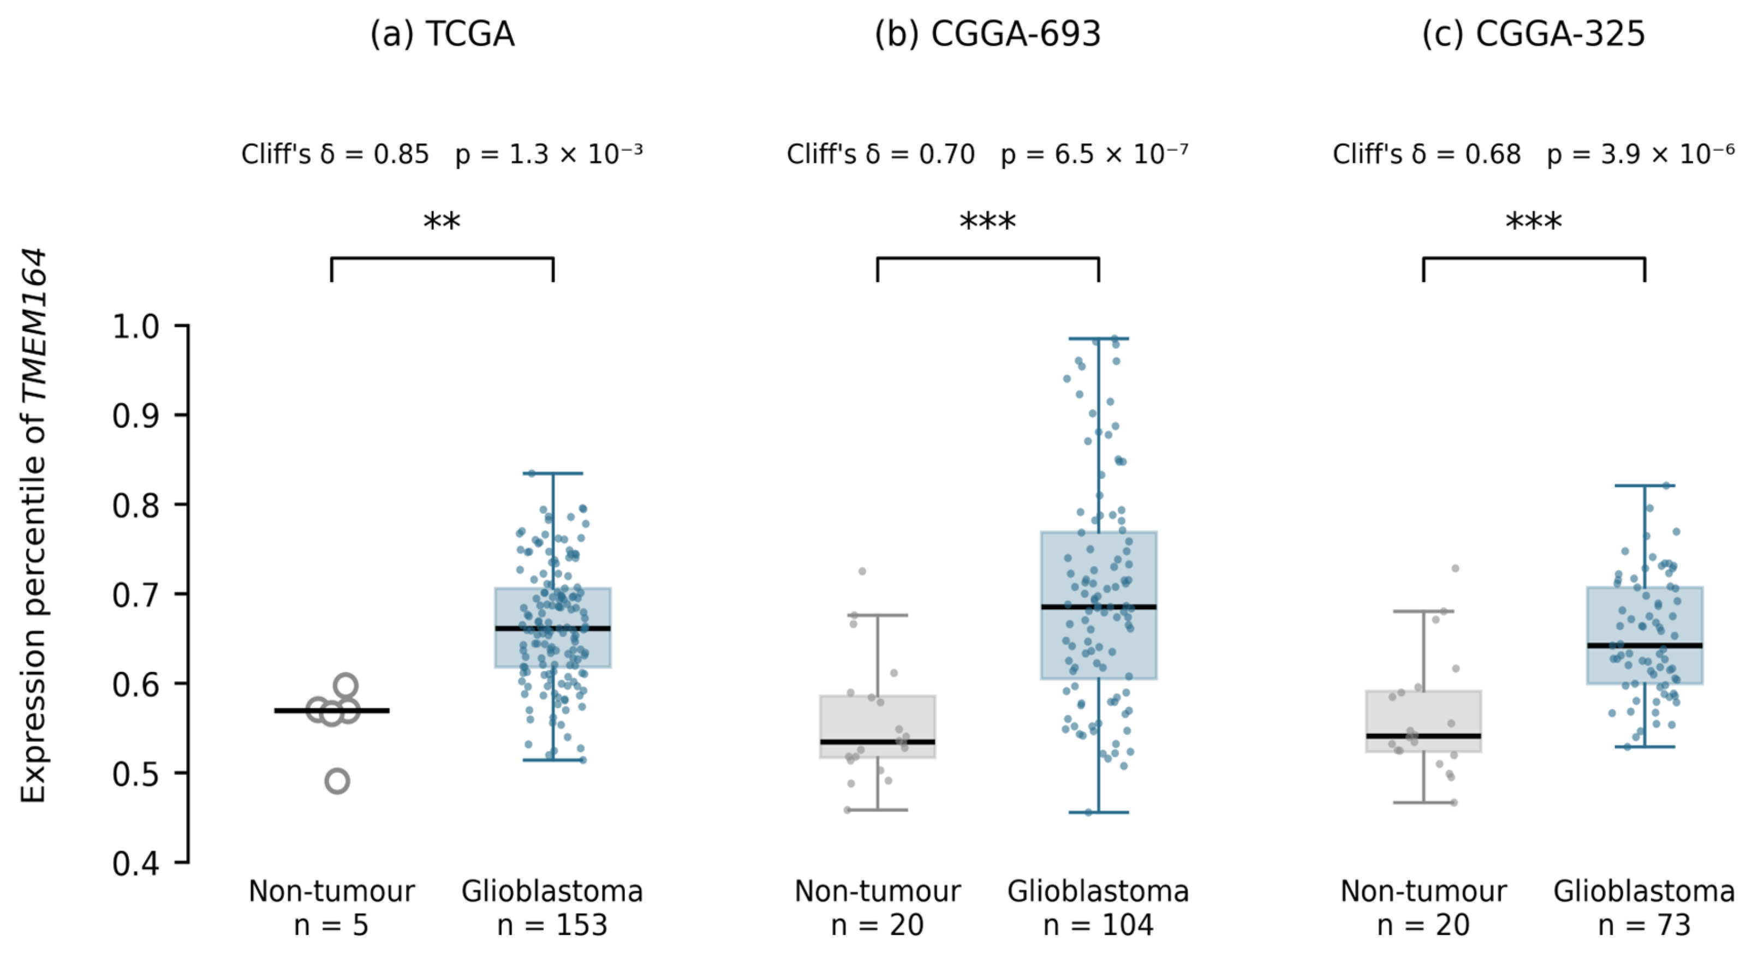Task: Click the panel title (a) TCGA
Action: click(442, 34)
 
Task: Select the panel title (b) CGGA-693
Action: click(987, 34)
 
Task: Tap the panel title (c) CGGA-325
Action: click(1534, 34)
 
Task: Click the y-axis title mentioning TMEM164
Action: click(33, 526)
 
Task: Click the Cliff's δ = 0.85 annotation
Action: click(335, 155)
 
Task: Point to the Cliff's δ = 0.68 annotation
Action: click(1426, 155)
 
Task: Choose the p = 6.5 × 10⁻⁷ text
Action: click(1094, 155)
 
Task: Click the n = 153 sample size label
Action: click(552, 925)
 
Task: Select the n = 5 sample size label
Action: click(331, 925)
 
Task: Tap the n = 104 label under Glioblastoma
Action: click(1098, 925)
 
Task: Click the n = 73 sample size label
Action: click(1644, 925)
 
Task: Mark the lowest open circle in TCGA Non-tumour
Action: click(337, 781)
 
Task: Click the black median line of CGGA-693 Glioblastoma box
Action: click(1098, 607)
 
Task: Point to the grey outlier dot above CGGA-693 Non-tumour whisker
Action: click(862, 571)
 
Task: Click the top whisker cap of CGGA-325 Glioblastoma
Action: click(1644, 485)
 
